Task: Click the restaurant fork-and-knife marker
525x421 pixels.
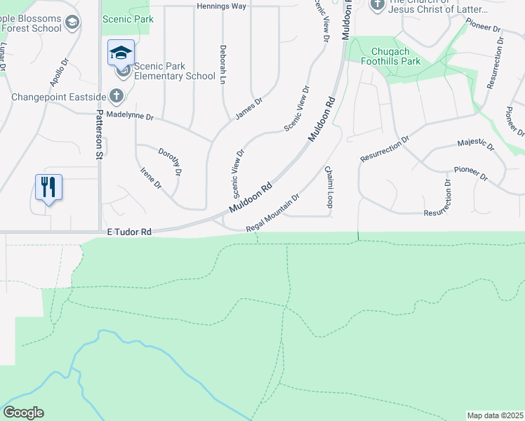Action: (x=48, y=187)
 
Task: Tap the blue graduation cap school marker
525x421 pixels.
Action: (x=121, y=53)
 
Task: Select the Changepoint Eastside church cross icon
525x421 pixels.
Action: (x=117, y=96)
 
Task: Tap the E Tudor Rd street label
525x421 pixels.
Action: (x=129, y=232)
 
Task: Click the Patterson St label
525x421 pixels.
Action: (x=100, y=134)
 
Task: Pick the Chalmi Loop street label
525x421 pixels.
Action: (x=328, y=187)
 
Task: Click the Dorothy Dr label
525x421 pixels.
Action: (x=171, y=161)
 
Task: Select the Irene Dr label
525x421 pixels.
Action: (x=151, y=178)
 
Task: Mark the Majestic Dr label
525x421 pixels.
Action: (x=475, y=145)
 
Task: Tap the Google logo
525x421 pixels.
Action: (x=23, y=413)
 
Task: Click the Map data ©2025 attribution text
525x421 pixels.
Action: (x=495, y=415)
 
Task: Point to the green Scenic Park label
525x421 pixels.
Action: (x=128, y=20)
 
